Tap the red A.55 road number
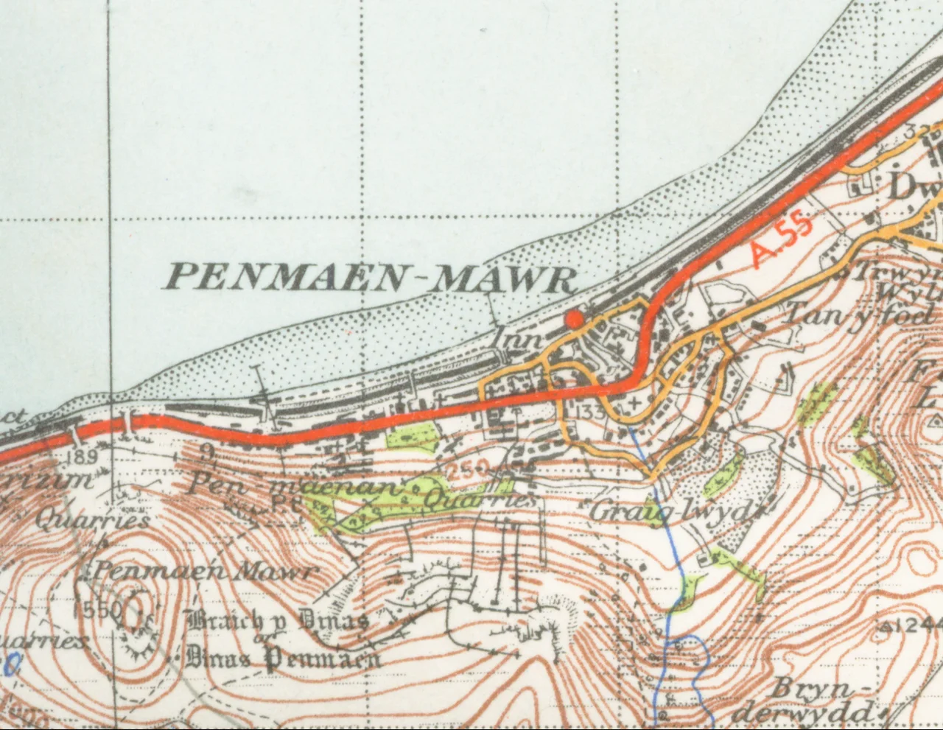[x=782, y=242]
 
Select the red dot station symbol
[x=574, y=318]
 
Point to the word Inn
[x=522, y=340]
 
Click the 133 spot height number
[x=592, y=410]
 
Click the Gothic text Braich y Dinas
[x=278, y=622]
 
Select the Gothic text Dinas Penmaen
[x=284, y=656]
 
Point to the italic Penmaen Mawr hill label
[x=204, y=572]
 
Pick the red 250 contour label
[x=468, y=467]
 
